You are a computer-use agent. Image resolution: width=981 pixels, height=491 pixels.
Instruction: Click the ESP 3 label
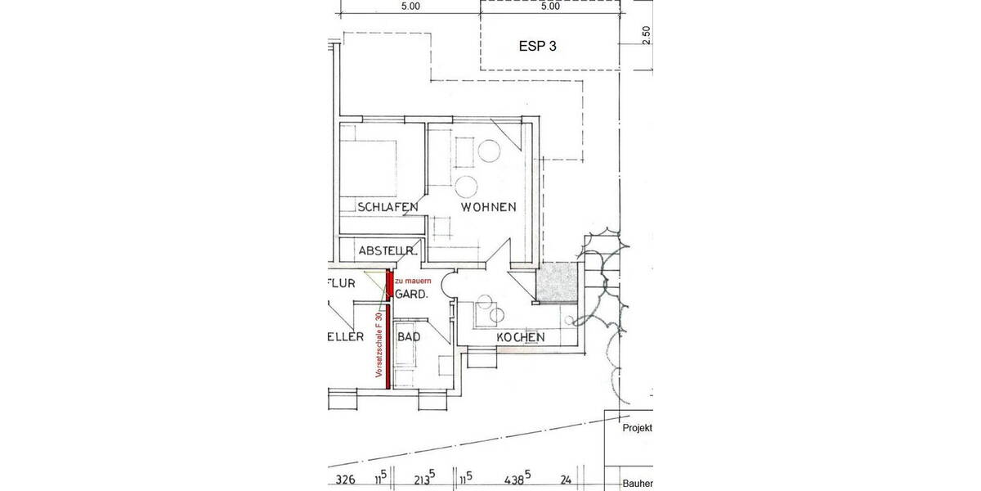coord(538,46)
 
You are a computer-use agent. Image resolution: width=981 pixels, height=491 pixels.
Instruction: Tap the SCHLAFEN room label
coord(387,208)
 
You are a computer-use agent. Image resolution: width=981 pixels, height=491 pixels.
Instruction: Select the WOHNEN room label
coord(488,208)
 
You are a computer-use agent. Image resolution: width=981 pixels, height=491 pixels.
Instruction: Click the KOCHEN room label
coord(520,338)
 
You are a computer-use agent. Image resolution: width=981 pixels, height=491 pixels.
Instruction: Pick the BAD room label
coord(409,336)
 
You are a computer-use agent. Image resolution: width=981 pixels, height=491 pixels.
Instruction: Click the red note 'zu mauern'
coord(414,281)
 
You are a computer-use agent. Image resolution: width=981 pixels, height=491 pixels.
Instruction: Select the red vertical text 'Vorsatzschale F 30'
coord(379,344)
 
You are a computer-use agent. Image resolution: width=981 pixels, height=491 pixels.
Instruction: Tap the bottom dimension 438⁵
coord(517,480)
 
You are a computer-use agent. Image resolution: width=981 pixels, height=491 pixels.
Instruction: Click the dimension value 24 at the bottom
coord(566,480)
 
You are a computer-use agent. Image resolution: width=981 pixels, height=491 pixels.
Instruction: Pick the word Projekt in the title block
coord(637,428)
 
